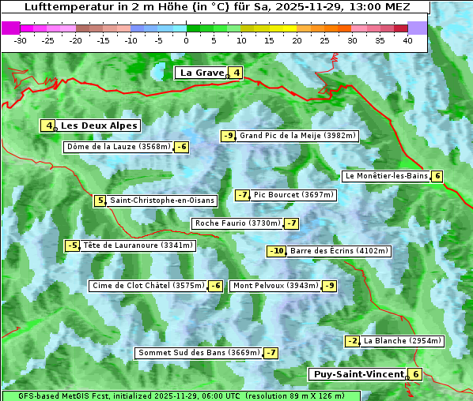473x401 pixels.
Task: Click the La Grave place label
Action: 202,73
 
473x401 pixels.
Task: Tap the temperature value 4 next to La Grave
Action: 236,73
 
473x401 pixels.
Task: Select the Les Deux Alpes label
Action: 100,126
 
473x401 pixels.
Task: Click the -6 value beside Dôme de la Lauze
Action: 182,147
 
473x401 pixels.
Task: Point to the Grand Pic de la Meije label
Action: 298,136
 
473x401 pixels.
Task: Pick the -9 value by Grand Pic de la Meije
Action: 229,136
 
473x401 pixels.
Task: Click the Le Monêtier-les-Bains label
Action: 386,176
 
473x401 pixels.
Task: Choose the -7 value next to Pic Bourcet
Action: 243,195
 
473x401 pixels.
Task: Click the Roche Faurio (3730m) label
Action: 238,223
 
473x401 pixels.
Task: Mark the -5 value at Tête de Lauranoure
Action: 73,245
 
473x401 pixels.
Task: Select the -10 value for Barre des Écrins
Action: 276,251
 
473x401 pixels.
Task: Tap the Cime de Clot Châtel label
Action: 148,286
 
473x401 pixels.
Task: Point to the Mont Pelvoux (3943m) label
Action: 276,286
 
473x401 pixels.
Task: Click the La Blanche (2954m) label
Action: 403,341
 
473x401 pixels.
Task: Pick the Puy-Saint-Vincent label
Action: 358,374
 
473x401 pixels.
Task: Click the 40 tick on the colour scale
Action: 407,40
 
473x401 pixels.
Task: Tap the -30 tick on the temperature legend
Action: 21,40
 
